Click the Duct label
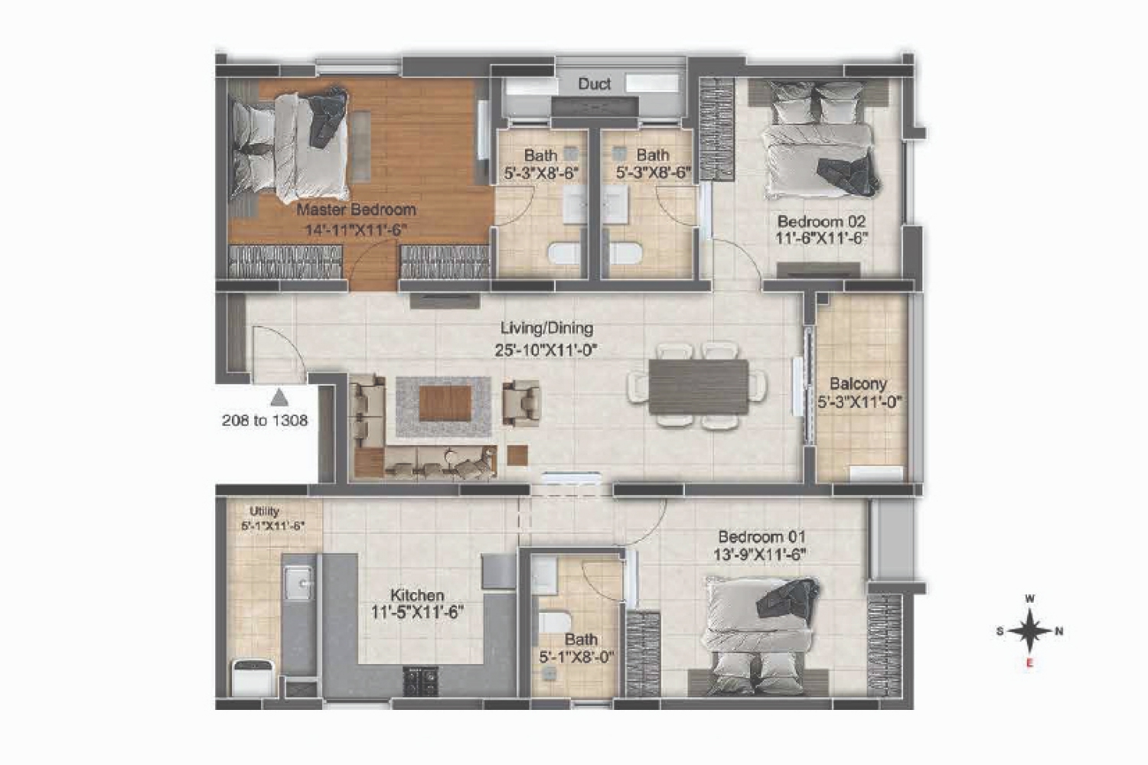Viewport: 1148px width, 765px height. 594,83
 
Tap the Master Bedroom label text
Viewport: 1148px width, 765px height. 356,210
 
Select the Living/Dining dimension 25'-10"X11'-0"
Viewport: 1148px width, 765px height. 546,350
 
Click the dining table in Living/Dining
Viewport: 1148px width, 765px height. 698,387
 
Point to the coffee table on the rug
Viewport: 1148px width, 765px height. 445,403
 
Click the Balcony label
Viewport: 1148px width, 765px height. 858,384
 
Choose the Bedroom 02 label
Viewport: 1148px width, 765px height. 821,221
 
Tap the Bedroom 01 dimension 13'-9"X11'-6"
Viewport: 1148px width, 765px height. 759,555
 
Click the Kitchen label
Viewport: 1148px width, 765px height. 416,595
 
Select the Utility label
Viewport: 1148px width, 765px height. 264,511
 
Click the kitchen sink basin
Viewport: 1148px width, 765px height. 298,583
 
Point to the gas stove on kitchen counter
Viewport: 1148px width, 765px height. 420,681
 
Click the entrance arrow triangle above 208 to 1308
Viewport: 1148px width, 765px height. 279,398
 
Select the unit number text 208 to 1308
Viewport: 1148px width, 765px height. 265,421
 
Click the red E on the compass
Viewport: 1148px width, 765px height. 1029,663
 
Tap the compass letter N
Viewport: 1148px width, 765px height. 1058,631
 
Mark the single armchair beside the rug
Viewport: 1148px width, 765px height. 520,403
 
